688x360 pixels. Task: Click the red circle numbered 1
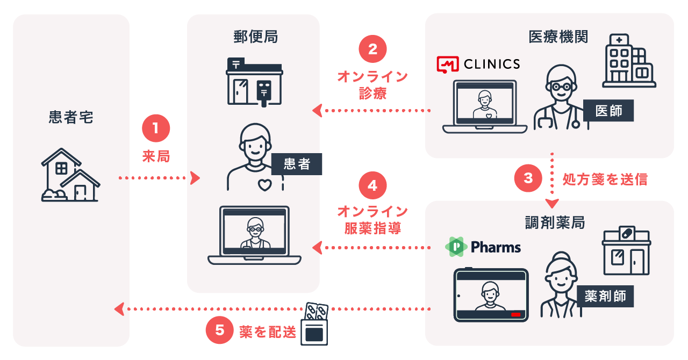point(156,129)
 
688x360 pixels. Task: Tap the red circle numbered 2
point(372,49)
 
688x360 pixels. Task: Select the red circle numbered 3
point(528,178)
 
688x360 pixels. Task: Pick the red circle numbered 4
point(372,185)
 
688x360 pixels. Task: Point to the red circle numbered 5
point(220,330)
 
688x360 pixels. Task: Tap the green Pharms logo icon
point(456,247)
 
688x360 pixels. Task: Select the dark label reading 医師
point(608,110)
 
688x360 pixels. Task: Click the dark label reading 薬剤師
point(605,296)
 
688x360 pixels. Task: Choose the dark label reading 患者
point(297,164)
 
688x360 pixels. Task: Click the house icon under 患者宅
point(70,175)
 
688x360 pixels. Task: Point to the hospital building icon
point(628,60)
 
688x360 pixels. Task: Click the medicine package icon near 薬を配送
point(316,324)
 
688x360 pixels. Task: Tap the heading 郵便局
point(255,37)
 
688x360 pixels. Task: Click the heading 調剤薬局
point(555,222)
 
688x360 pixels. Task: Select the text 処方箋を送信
point(605,179)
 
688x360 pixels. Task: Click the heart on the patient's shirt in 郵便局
point(264,185)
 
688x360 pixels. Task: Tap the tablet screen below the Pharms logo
point(490,296)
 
